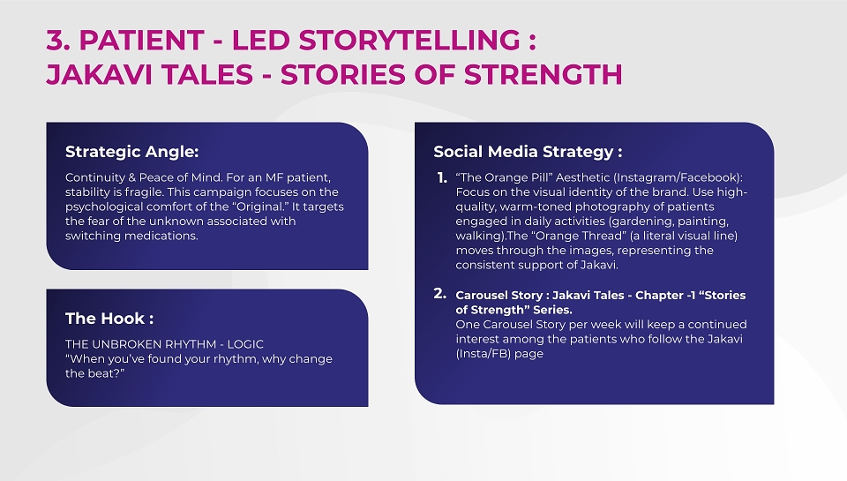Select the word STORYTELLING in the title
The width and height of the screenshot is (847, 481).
409,40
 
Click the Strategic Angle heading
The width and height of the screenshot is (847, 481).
131,152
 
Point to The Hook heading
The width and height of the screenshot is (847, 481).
109,319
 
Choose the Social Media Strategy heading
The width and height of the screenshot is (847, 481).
528,152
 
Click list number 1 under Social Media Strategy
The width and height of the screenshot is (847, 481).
442,177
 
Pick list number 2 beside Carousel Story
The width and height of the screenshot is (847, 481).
439,294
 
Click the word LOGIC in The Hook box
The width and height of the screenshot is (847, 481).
245,344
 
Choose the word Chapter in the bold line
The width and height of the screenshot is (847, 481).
659,296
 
